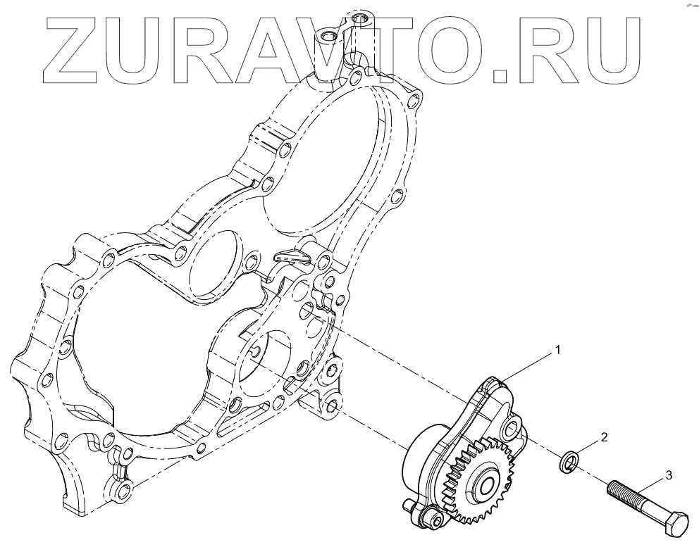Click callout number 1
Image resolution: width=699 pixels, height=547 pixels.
(x=558, y=349)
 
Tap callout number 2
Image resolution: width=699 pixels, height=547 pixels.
(x=604, y=437)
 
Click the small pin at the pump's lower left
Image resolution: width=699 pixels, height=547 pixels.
(x=411, y=505)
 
